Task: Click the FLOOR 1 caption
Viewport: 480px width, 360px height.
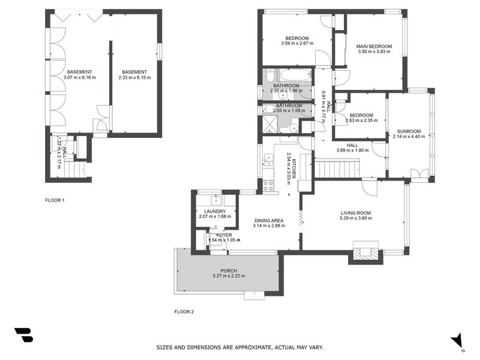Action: pos(55,200)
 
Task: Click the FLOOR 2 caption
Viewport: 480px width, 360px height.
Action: pos(184,312)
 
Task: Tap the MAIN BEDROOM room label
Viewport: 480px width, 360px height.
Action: pos(374,47)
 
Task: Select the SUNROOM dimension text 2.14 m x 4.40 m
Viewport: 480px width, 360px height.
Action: pos(409,136)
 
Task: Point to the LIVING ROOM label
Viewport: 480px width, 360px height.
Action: pos(356,213)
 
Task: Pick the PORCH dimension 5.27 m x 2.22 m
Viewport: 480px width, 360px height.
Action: pos(229,276)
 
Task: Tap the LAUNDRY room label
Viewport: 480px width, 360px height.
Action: pos(215,212)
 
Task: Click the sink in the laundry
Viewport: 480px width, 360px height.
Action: pos(217,200)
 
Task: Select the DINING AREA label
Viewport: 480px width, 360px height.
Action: pos(269,220)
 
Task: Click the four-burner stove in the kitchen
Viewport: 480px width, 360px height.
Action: pos(268,186)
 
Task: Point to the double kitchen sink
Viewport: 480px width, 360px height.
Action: pos(268,160)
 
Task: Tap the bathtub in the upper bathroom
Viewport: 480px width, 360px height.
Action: pos(296,74)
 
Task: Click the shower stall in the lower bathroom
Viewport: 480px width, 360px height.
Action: pos(271,124)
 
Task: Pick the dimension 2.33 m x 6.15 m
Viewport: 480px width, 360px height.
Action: pos(134,77)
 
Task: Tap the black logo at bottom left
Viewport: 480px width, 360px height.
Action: pos(24,335)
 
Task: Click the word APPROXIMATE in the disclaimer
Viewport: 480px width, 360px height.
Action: pos(253,347)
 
